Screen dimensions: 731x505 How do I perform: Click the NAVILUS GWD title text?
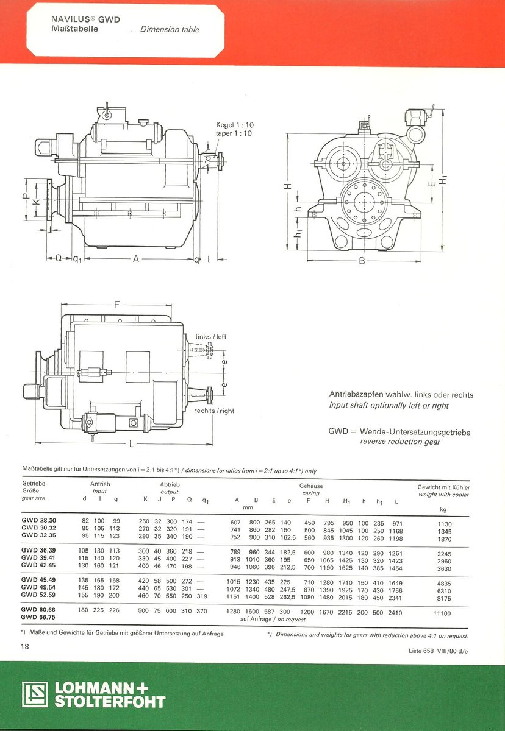click(85, 19)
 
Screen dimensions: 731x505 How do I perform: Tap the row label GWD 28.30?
click(38, 522)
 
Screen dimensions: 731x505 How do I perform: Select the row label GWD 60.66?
click(38, 610)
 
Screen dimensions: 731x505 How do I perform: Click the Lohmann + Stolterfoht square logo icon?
click(35, 694)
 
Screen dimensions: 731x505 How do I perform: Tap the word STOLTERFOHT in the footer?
click(110, 702)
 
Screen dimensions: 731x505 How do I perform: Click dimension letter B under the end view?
click(362, 261)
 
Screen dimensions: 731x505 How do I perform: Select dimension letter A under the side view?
click(137, 260)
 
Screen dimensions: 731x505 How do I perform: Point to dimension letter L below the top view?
click(132, 444)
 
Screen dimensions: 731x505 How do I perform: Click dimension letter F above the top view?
click(116, 303)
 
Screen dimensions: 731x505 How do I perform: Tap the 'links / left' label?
click(211, 337)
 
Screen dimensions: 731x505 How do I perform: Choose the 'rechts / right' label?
click(214, 411)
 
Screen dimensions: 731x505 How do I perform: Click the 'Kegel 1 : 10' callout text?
click(235, 124)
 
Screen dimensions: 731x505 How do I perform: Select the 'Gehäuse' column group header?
click(311, 486)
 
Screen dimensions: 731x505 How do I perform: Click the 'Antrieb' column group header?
click(99, 484)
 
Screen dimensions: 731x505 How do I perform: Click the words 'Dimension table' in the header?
click(170, 29)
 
